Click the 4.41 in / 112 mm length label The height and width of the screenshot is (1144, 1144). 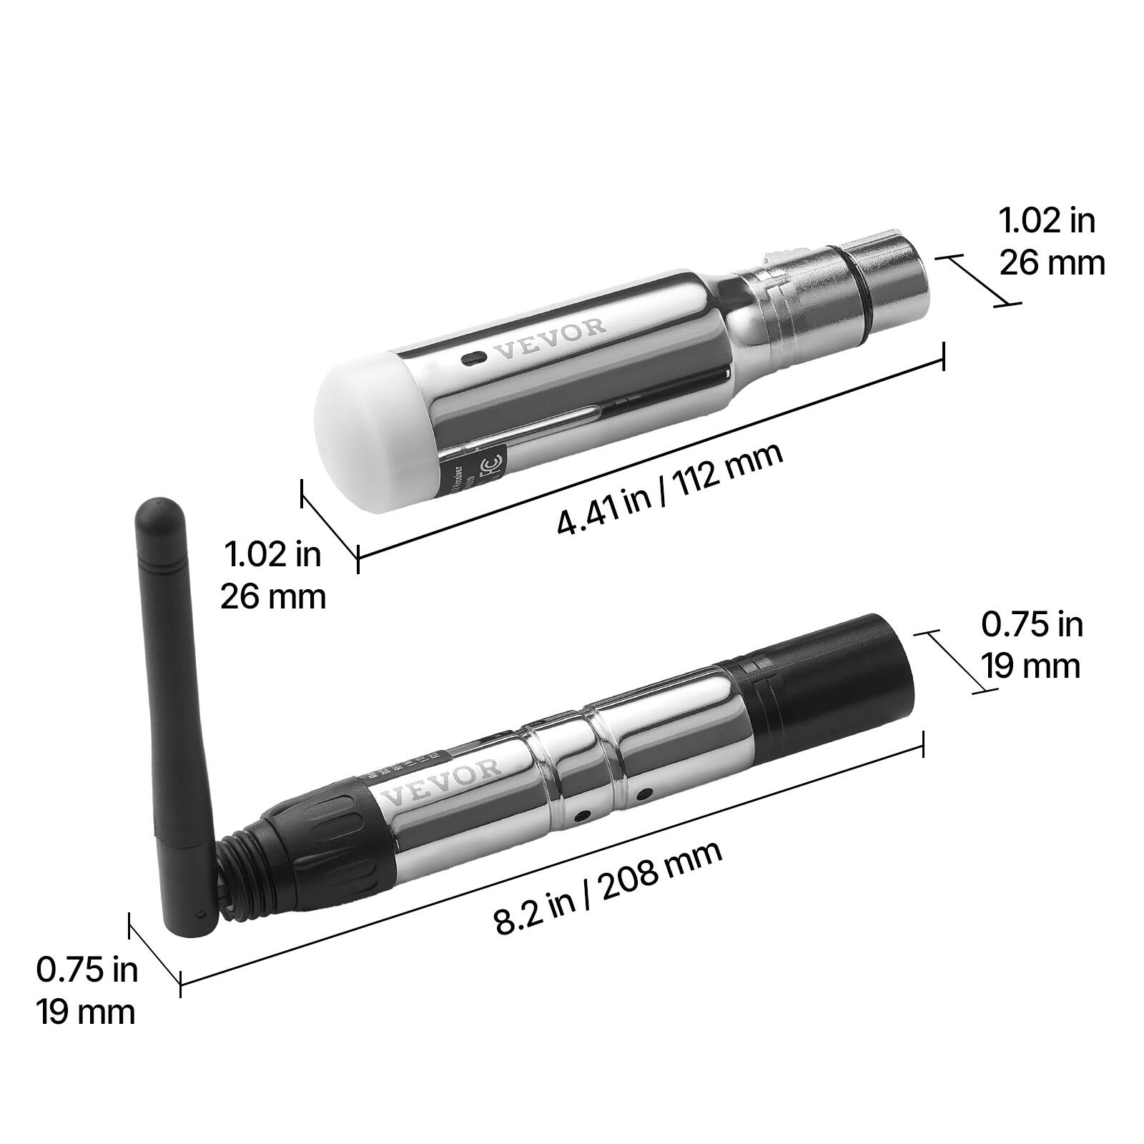coord(669,488)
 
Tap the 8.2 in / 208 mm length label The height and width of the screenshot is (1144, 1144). coord(608,888)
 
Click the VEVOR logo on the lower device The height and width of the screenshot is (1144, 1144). coord(443,781)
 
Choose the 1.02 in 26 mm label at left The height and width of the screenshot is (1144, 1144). coord(272,575)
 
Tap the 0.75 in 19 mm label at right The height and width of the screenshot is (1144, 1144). coord(1031,645)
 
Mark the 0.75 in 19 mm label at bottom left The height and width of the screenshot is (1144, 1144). coord(87,991)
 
